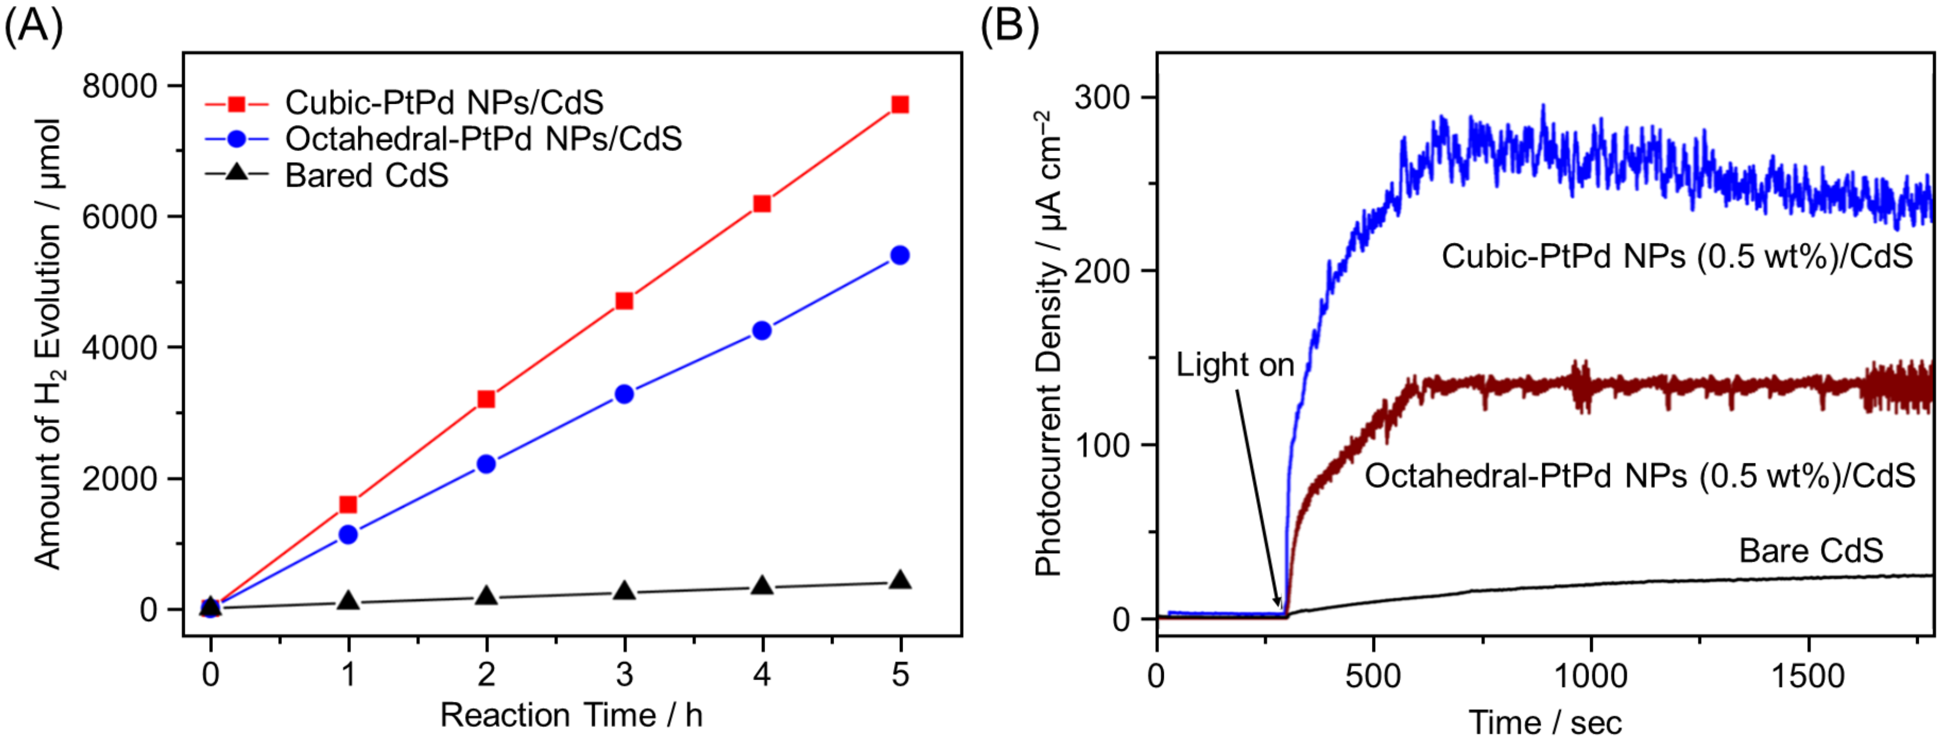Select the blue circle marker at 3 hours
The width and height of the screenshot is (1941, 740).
(x=624, y=393)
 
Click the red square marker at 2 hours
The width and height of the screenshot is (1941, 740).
(x=486, y=399)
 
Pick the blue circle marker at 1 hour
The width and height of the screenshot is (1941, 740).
(x=348, y=534)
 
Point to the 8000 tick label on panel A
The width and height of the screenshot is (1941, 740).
(x=119, y=86)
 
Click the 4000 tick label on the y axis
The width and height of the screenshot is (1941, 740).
(x=119, y=347)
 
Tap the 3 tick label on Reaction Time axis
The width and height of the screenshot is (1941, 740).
(x=624, y=674)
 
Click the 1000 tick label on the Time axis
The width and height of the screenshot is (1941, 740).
(x=1591, y=676)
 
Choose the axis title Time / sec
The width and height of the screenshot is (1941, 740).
(x=1545, y=722)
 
